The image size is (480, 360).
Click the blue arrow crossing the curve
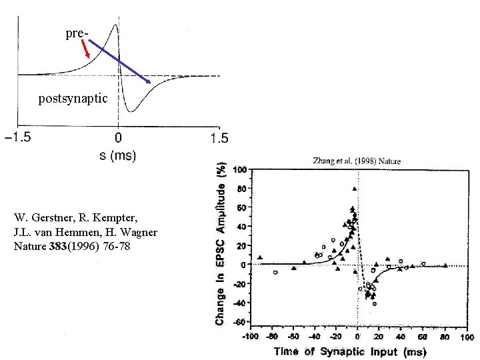pyautogui.click(x=119, y=61)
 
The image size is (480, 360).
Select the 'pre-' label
pyautogui.click(x=76, y=32)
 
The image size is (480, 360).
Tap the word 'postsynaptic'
pyautogui.click(x=73, y=99)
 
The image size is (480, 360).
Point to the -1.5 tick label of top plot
pyautogui.click(x=21, y=139)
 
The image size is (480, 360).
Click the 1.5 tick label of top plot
pyautogui.click(x=219, y=139)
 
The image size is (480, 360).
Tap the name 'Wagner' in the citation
pyautogui.click(x=140, y=232)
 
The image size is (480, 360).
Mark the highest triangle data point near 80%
pyautogui.click(x=354, y=189)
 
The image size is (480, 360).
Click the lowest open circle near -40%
pyautogui.click(x=375, y=303)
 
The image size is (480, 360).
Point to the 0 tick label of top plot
pyautogui.click(x=118, y=139)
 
